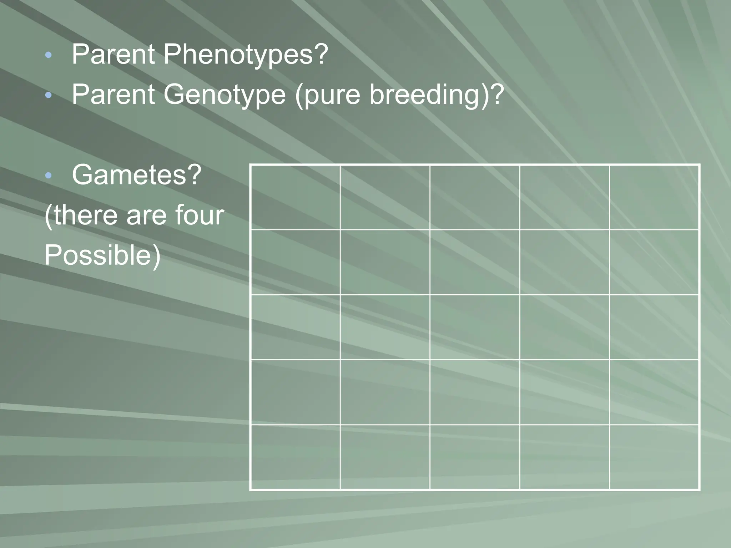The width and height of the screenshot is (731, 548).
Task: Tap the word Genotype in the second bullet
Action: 225,95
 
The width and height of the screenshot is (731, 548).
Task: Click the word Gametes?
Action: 137,176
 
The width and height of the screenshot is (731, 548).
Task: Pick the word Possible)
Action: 102,255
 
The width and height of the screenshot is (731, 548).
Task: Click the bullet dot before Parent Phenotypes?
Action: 49,55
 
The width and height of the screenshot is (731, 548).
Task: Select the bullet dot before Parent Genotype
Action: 49,95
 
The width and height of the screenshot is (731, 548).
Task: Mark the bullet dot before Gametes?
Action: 49,175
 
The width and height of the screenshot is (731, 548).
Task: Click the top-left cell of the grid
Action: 295,197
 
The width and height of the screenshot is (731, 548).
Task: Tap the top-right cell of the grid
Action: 654,197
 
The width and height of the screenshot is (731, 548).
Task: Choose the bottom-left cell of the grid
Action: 295,457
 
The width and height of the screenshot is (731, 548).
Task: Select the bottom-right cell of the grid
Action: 654,457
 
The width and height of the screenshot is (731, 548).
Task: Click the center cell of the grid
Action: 475,327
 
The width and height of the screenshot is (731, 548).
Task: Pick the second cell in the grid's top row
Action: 385,197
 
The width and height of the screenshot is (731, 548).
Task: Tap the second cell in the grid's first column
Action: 295,262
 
